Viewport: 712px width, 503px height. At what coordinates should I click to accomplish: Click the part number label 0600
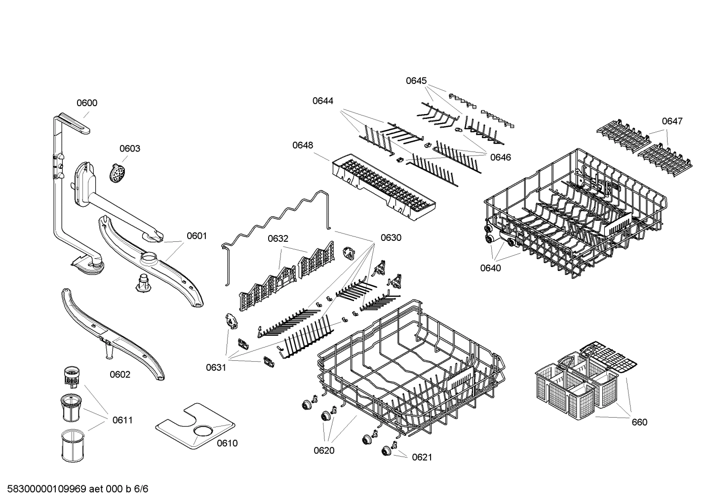click(x=86, y=103)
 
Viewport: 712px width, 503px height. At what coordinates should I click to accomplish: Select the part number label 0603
click(x=129, y=149)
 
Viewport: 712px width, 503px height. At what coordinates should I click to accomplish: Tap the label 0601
click(x=197, y=236)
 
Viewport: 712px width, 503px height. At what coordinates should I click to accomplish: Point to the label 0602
click(x=120, y=374)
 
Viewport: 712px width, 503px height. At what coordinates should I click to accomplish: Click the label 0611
click(x=122, y=420)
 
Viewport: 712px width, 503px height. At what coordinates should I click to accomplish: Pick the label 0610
click(x=227, y=443)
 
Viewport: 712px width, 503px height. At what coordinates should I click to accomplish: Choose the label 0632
click(x=278, y=238)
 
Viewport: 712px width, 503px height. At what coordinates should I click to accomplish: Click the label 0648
click(x=302, y=145)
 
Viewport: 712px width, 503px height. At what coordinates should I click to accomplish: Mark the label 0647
click(x=672, y=121)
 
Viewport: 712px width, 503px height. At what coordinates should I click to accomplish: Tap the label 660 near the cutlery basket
click(x=639, y=422)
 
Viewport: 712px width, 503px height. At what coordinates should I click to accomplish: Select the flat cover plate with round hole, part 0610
click(x=195, y=425)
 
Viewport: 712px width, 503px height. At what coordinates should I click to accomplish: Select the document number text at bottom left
click(x=75, y=489)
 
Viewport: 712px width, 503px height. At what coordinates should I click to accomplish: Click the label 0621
click(x=422, y=457)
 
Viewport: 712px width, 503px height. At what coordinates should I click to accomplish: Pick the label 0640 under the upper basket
click(x=490, y=268)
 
